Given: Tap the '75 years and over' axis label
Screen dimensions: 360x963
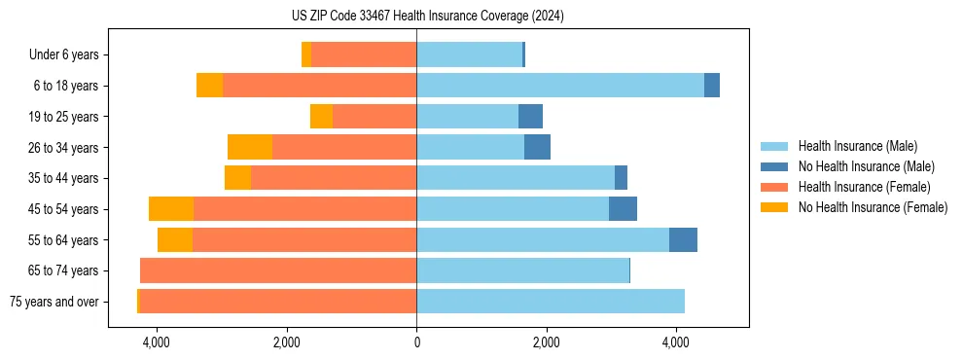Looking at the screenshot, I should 54,302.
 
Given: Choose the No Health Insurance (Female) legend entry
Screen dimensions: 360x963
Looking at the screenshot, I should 873,207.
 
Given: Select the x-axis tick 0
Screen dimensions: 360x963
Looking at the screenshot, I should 416,342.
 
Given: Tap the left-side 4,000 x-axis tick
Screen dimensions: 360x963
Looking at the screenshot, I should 156,342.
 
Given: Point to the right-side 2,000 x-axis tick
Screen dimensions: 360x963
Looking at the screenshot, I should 546,342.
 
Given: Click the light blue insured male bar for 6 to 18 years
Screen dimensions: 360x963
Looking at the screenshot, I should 560,86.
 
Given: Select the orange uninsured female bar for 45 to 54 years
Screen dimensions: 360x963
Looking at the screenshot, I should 171,209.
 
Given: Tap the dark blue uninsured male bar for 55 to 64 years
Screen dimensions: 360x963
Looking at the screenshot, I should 683,240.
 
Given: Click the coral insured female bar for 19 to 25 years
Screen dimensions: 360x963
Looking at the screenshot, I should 374,117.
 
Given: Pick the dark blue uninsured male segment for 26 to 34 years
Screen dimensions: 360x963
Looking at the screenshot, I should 537,147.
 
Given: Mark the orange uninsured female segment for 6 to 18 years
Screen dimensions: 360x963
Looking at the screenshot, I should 209,86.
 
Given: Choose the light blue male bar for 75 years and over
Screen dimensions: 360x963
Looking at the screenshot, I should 551,302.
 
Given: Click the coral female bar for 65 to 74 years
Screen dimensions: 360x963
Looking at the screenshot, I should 278,270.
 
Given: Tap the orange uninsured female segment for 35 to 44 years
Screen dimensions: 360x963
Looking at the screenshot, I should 237,178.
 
